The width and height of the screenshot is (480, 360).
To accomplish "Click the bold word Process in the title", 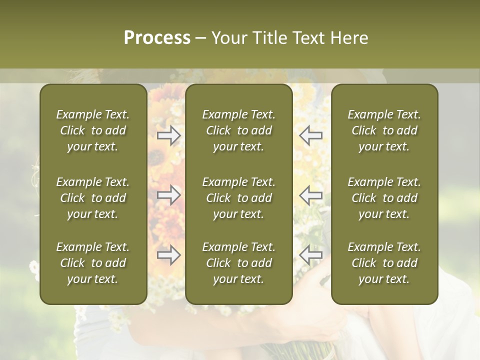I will pos(157,38).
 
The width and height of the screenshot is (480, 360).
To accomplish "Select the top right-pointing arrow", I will pos(168,135).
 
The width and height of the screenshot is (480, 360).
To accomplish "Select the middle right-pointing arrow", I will pos(168,195).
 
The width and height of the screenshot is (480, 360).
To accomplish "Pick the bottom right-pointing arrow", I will pos(168,255).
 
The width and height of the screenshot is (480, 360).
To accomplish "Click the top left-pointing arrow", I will pos(310,135).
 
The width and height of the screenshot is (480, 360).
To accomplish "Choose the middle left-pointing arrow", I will pos(310,195).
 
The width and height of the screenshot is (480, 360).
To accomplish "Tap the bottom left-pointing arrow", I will pos(310,255).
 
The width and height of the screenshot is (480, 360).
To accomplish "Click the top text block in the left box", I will pos(93,130).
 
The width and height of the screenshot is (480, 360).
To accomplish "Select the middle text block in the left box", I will pos(93,198).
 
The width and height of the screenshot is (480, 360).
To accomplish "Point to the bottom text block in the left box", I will pos(93,263).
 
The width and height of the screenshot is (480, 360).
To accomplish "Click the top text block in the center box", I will pos(238,130).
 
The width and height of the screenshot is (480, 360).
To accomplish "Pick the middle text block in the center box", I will pos(238,198).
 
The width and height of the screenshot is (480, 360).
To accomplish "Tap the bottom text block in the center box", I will pos(238,263).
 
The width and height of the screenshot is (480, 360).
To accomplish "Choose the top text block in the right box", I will pos(384,130).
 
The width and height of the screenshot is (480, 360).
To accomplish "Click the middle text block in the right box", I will pos(384,198).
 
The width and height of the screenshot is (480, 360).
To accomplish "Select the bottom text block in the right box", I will pos(384,263).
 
